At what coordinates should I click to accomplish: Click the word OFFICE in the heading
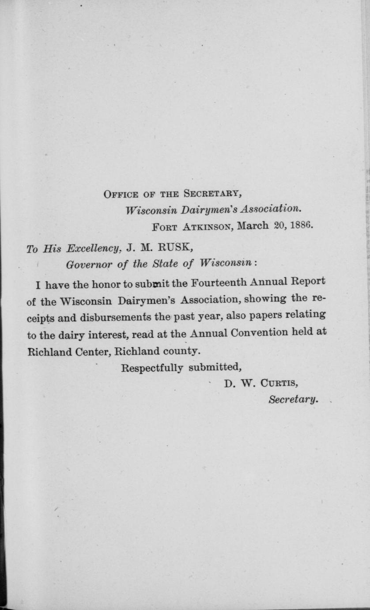coord(119,194)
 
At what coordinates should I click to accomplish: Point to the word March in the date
coord(253,226)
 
